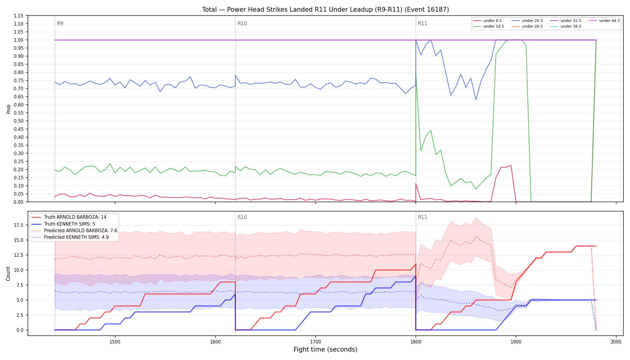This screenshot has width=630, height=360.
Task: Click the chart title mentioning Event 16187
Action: (325, 10)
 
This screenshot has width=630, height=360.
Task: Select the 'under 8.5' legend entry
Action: (487, 21)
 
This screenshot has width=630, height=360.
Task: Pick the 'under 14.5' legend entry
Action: (489, 26)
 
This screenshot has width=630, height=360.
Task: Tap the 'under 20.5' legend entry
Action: (527, 21)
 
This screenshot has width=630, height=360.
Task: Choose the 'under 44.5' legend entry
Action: (604, 21)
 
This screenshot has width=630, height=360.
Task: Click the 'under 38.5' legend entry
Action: (566, 26)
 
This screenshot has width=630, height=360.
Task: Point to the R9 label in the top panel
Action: (60, 23)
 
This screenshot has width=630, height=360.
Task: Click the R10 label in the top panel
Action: (242, 23)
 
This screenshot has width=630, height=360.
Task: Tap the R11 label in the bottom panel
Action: (422, 217)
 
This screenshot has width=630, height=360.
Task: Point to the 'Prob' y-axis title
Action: (8, 109)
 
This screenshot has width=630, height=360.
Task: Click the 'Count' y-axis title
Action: (8, 274)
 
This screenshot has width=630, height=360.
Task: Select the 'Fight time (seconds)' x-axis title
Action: (325, 349)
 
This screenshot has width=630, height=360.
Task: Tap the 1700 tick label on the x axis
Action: (315, 342)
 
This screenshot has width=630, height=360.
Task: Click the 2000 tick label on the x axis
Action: (616, 342)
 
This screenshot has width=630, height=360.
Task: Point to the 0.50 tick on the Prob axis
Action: (19, 121)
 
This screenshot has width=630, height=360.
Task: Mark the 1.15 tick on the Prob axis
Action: (19, 16)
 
